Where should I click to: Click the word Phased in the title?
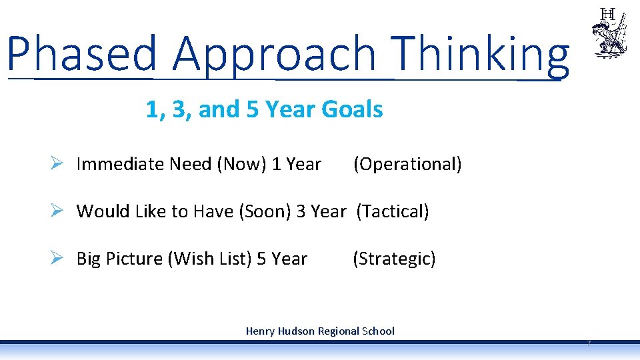[82, 53]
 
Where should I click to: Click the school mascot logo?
[608, 33]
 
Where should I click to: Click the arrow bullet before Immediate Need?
[57, 163]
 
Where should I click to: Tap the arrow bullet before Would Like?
[57, 211]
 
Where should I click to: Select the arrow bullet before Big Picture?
[57, 258]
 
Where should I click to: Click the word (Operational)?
[407, 164]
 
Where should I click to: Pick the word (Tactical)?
[393, 211]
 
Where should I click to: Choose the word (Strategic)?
[394, 259]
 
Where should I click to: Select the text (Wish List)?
[210, 259]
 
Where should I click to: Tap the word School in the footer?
[377, 331]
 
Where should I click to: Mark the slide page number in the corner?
[589, 343]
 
